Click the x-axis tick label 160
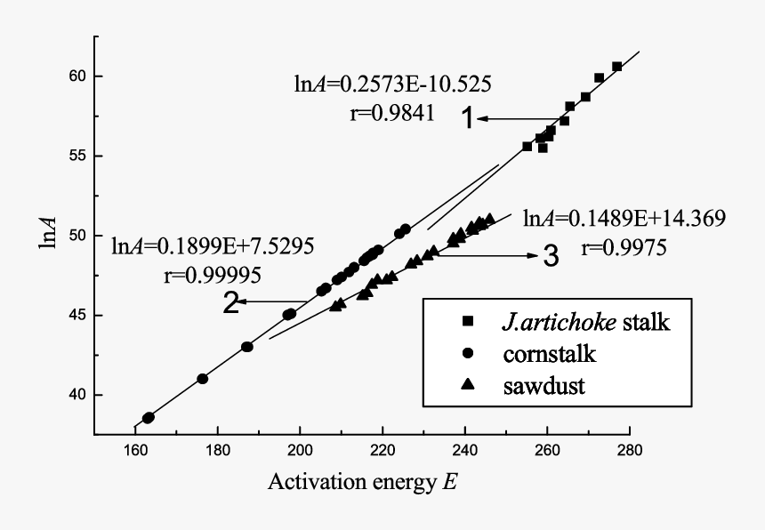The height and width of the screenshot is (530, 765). pyautogui.click(x=135, y=451)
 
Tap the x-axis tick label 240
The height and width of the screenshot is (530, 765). pyautogui.click(x=464, y=451)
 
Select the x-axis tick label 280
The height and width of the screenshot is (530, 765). pyautogui.click(x=629, y=451)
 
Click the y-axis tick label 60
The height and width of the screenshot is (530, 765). pyautogui.click(x=76, y=76)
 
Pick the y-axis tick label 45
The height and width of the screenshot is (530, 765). pyautogui.click(x=76, y=315)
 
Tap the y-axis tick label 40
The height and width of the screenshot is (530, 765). pyautogui.click(x=76, y=395)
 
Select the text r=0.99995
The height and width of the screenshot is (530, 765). pyautogui.click(x=212, y=274)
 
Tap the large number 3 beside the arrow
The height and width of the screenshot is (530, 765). pyautogui.click(x=551, y=258)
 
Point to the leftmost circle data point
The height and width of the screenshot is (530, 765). pyautogui.click(x=149, y=417)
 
